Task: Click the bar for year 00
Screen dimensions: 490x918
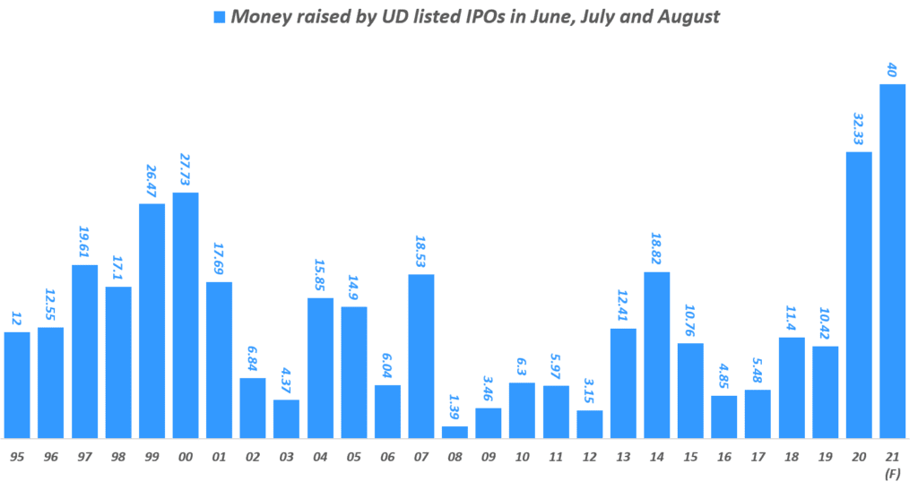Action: point(186,315)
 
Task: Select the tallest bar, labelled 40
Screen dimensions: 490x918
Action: point(893,261)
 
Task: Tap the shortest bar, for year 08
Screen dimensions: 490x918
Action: point(455,432)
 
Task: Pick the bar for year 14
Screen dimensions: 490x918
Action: point(657,355)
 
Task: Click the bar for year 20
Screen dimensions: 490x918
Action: point(859,295)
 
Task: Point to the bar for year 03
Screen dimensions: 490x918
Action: point(287,418)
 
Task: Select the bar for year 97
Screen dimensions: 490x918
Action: point(84,351)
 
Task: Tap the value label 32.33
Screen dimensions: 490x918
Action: point(859,126)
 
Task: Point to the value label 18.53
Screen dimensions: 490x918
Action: point(421,249)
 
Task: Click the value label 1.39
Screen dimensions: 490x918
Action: point(455,408)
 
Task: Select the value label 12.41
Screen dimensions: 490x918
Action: point(624,304)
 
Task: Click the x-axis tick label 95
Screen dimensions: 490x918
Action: point(17,456)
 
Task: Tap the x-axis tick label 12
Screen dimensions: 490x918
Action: point(590,456)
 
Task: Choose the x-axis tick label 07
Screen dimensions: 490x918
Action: point(421,456)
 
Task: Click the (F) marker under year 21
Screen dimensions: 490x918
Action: point(893,472)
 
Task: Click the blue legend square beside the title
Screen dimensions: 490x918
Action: point(220,17)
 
